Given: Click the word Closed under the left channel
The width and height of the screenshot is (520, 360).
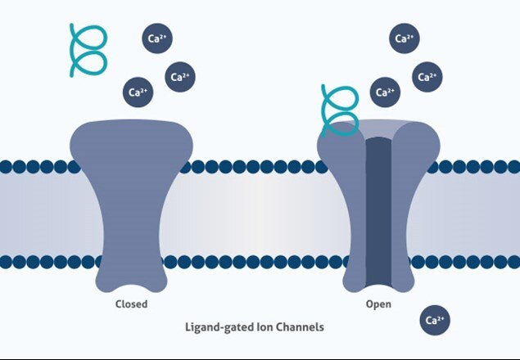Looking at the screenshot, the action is point(131,304).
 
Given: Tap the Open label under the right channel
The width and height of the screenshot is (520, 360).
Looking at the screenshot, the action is point(378,304).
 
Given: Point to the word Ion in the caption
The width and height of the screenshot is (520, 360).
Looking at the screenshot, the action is point(265,327).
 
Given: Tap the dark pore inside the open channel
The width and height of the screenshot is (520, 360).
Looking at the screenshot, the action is point(378,212).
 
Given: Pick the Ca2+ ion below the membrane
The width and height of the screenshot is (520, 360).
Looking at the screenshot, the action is point(435,320).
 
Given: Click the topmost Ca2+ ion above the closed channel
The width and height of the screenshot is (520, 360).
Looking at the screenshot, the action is point(157,38).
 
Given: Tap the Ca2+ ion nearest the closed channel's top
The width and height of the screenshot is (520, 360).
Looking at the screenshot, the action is point(138,92).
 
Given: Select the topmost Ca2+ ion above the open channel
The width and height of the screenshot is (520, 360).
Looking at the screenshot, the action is point(405,38).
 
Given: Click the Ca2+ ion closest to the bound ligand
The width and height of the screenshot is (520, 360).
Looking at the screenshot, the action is point(385,92).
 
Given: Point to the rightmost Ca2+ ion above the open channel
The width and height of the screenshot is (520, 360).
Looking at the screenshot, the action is point(427,77).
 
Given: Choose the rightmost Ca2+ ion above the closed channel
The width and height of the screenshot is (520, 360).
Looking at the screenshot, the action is point(180,77).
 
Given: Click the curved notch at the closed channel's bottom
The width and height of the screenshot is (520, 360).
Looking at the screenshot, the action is point(132,287).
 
